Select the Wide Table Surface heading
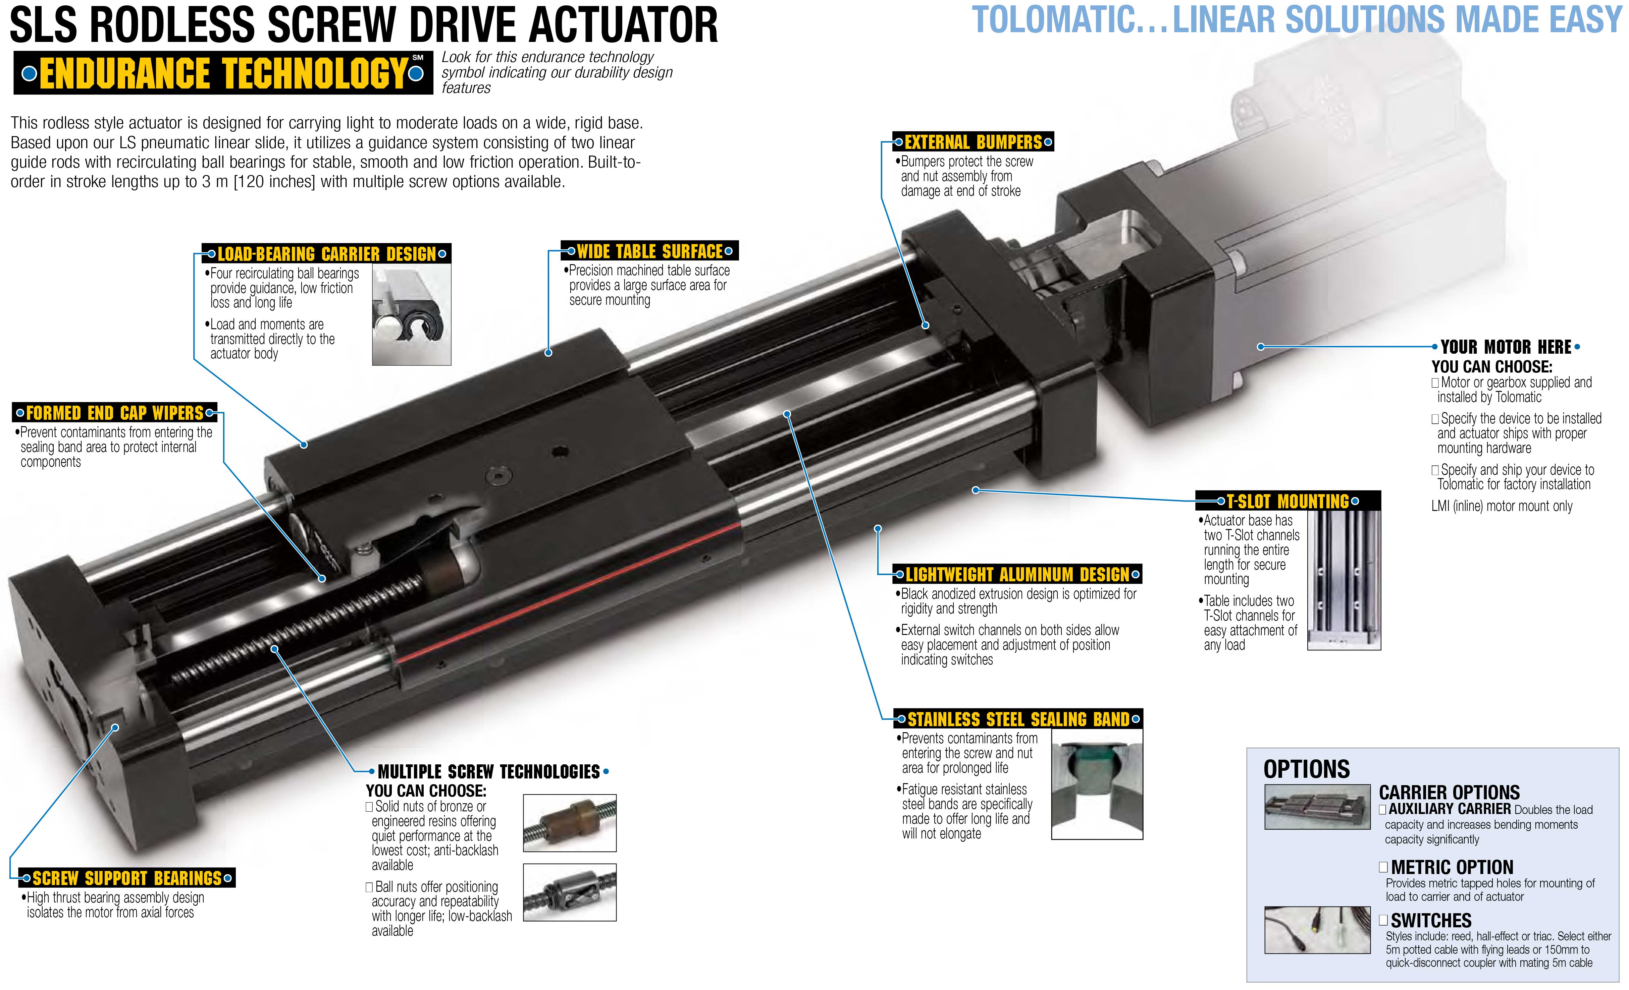tap(649, 251)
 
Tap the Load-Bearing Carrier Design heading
tap(327, 254)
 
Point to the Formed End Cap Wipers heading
tap(115, 413)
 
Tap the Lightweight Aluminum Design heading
tap(1017, 574)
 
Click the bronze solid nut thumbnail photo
tap(570, 823)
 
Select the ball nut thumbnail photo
tap(570, 892)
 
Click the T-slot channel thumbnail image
tap(1344, 580)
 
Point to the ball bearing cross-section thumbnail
tap(411, 314)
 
